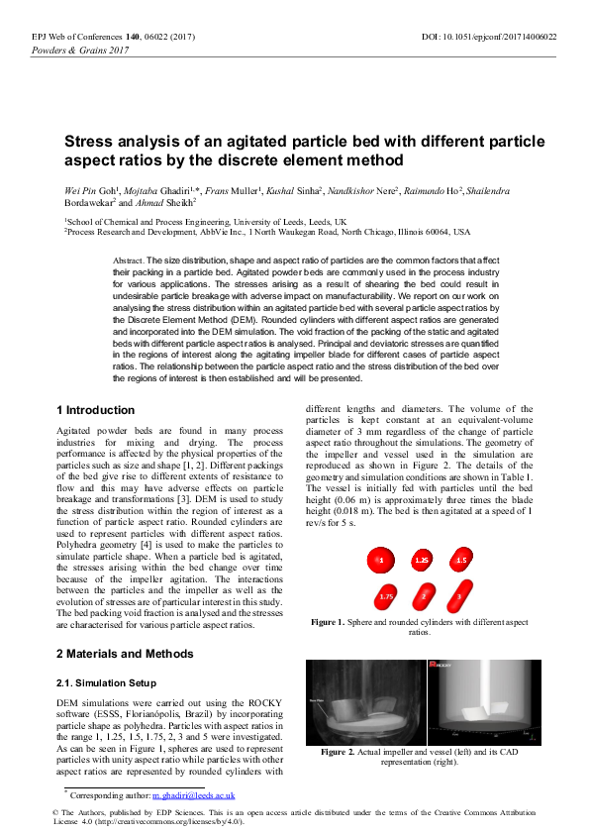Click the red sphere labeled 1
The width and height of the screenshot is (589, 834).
click(x=380, y=561)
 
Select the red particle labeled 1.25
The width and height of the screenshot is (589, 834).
click(x=422, y=561)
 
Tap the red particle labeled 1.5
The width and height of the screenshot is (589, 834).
click(x=461, y=561)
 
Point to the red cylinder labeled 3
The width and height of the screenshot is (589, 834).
click(x=458, y=597)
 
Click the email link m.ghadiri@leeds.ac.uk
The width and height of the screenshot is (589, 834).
click(x=194, y=794)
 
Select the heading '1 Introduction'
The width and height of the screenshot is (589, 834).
click(x=96, y=410)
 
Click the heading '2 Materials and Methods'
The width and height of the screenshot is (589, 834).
click(x=124, y=654)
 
